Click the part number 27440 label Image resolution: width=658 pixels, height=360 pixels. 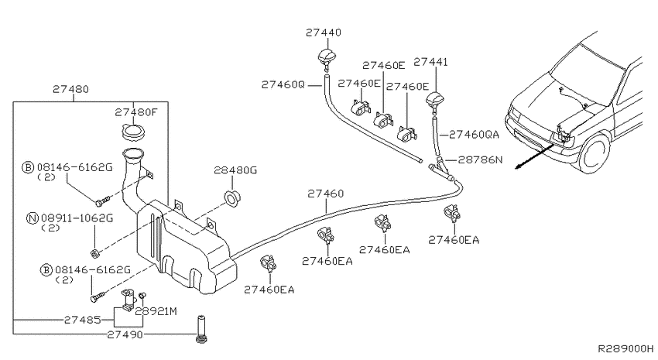(323, 33)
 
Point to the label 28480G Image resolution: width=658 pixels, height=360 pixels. (235, 170)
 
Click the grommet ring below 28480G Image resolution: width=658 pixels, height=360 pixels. (232, 198)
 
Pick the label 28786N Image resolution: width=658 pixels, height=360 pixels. (480, 159)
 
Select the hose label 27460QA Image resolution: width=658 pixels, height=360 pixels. (474, 135)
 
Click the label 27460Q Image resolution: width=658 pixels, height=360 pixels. (283, 84)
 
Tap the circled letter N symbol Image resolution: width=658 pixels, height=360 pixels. (33, 218)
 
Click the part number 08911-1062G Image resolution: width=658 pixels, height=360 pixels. (77, 218)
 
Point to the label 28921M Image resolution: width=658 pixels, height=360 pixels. (156, 311)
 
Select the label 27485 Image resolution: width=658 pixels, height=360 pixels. (82, 321)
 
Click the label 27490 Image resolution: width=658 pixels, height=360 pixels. (125, 334)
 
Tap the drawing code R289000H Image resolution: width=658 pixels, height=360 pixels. (625, 348)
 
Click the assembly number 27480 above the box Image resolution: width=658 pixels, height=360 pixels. (70, 89)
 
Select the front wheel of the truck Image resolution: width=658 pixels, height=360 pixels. (595, 151)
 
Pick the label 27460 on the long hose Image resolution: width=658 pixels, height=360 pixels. (326, 194)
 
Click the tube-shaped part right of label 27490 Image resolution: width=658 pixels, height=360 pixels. (202, 329)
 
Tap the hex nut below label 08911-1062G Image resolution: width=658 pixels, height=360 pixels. (94, 253)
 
